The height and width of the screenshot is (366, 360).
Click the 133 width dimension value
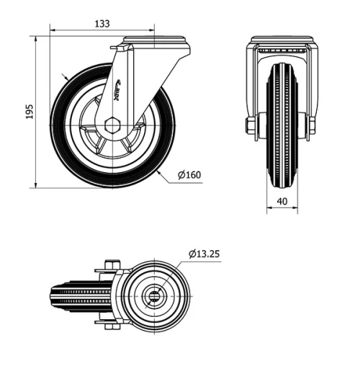coord(102,24)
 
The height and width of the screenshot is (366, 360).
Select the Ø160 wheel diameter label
coord(189,174)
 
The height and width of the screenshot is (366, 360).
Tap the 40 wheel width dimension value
coord(282,202)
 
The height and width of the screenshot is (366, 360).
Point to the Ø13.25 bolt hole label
coord(206,254)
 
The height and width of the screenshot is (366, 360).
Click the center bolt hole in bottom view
coord(155,296)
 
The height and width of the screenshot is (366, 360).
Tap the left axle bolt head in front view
coord(249,127)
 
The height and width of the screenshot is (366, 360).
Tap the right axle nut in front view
coord(312,127)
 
